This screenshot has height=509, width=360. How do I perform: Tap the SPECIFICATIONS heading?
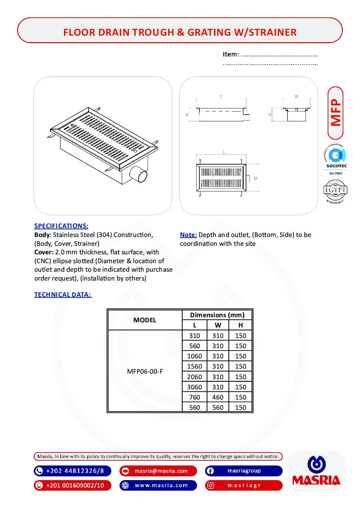pyautogui.click(x=61, y=226)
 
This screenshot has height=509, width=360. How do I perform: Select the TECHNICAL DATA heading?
pyautogui.click(x=63, y=294)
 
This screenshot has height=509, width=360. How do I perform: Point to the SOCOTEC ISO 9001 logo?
pyautogui.click(x=336, y=159)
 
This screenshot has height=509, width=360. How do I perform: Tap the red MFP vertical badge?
pyautogui.click(x=336, y=113)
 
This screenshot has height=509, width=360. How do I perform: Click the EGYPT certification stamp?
pyautogui.click(x=335, y=191)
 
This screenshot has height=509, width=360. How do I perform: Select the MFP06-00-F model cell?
pyautogui.click(x=145, y=371)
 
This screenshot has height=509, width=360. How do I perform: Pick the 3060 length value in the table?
pyautogui.click(x=194, y=387)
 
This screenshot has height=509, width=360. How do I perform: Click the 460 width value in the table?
pyautogui.click(x=218, y=397)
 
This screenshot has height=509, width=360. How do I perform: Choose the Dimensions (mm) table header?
pyautogui.click(x=217, y=315)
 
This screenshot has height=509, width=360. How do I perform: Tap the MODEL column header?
pyautogui.click(x=145, y=320)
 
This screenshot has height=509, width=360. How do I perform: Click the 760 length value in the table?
pyautogui.click(x=194, y=397)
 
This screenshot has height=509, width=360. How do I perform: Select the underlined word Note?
pyautogui.click(x=189, y=235)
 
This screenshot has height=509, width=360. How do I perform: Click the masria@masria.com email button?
pyautogui.click(x=158, y=471)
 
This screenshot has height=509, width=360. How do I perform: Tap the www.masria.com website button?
pyautogui.click(x=158, y=485)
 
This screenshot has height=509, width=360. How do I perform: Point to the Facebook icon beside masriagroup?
pyautogui.click(x=210, y=471)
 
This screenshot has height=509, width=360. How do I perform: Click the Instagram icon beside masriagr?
pyautogui.click(x=211, y=485)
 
